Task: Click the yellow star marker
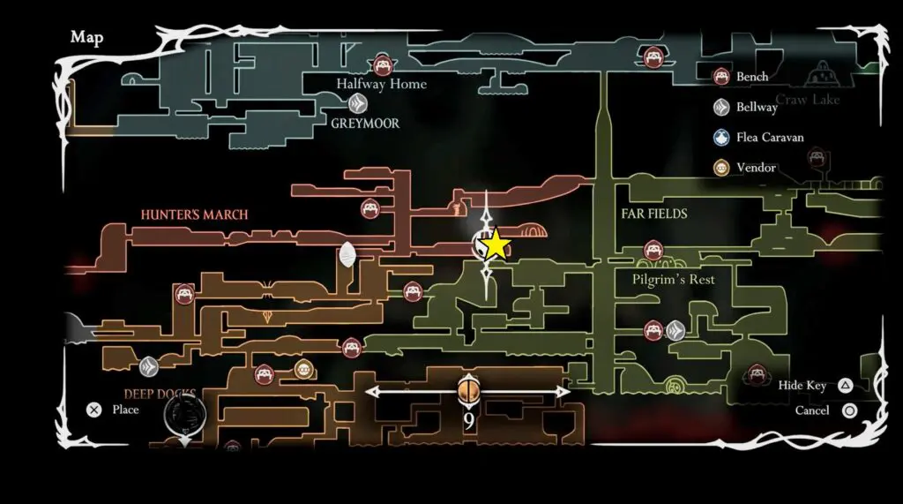(x=496, y=244)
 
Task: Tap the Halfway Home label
(x=381, y=84)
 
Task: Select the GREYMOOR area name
(x=365, y=124)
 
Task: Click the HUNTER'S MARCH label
(x=194, y=214)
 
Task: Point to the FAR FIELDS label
(x=653, y=214)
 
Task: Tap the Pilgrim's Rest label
(x=673, y=279)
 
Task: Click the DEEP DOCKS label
(x=159, y=394)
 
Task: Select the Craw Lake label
(x=808, y=100)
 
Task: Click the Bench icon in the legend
(x=721, y=77)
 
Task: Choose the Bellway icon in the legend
(x=721, y=107)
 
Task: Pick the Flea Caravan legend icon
(x=721, y=138)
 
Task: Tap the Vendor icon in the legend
(x=721, y=168)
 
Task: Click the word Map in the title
(x=86, y=37)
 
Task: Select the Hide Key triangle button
(x=845, y=385)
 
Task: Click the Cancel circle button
(x=850, y=410)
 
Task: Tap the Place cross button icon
(x=94, y=410)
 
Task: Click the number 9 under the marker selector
(x=468, y=421)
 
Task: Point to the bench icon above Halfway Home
(x=383, y=64)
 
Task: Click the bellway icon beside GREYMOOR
(x=349, y=104)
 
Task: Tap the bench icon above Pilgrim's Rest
(x=653, y=250)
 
